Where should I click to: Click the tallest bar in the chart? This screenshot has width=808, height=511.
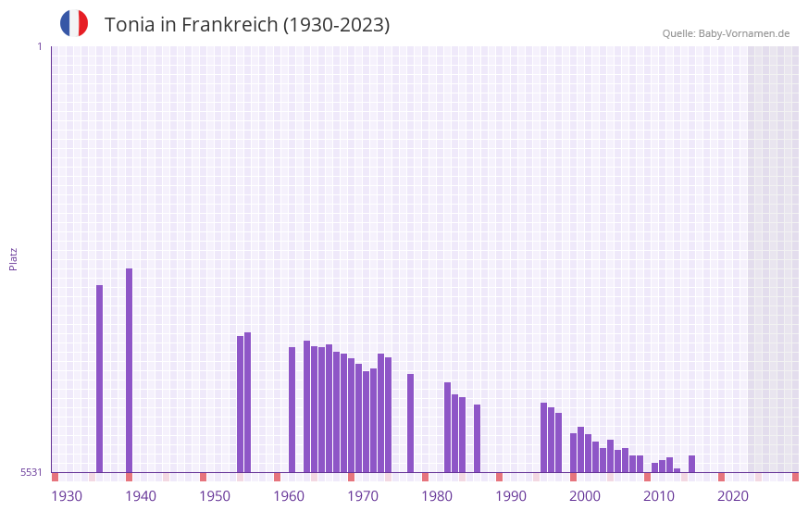[129, 370]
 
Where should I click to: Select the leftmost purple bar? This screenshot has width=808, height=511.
[99, 379]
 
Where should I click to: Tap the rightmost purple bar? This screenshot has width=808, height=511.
[691, 464]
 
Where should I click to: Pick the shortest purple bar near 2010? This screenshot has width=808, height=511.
[677, 470]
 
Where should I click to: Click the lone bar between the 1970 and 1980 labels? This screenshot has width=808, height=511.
[410, 423]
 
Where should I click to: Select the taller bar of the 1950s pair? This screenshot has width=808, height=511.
[247, 402]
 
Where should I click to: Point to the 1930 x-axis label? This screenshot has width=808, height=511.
[67, 496]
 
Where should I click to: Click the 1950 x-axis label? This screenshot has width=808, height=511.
[215, 496]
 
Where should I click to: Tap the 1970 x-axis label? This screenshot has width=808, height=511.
[363, 496]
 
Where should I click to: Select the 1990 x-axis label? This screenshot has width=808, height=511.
[511, 496]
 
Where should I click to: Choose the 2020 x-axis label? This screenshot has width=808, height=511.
[733, 496]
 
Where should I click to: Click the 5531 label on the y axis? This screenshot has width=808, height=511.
[31, 473]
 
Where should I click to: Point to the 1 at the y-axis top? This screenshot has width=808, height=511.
[39, 46]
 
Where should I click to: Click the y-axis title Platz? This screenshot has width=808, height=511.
[13, 258]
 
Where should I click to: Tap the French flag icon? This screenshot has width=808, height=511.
[74, 24]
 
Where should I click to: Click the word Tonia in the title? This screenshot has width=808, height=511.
[130, 25]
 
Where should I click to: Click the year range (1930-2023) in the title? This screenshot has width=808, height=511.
[337, 25]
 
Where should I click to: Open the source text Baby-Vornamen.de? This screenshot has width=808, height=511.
[744, 33]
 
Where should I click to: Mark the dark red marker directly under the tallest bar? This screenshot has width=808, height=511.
[129, 477]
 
